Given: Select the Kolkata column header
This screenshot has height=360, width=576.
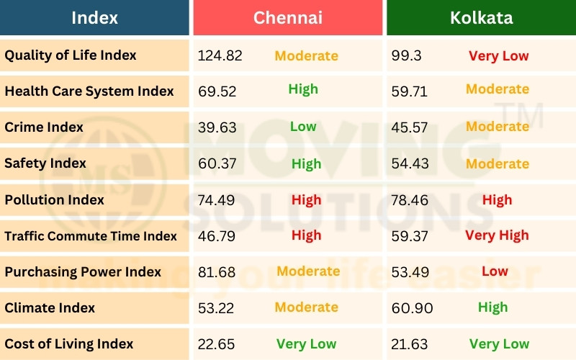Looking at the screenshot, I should point(481,17).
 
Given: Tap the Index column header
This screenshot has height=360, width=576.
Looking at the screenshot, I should point(95,17).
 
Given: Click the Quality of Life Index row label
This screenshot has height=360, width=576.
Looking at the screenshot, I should point(71,55).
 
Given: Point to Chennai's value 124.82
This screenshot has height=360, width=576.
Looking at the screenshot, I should point(220,55).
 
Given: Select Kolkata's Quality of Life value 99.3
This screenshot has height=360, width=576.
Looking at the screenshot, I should point(407,55).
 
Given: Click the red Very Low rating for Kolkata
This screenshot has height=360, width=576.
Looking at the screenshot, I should point(498,55).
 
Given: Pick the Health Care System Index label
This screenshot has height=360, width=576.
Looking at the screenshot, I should point(89,91).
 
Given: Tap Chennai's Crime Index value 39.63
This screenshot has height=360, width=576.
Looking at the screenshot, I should point(216,127).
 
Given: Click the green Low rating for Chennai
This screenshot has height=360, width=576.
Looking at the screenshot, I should point(303,127).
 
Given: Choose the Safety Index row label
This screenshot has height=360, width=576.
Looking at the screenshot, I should point(45,163).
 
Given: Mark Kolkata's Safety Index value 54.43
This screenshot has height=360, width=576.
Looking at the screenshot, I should point(410,163).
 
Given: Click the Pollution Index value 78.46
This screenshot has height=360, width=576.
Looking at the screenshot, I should point(410,199).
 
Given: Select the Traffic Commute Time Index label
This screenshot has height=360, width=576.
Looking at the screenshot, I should point(91,235).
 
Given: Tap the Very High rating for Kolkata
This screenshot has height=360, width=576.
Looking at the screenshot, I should point(497,235).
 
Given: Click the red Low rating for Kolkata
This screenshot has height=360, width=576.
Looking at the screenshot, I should point(495,271).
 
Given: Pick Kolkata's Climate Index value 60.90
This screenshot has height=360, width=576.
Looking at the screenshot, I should point(412,307).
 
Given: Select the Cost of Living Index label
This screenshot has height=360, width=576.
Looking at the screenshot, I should point(69,343).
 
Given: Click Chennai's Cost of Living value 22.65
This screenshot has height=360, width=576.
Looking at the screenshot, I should point(216,343).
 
